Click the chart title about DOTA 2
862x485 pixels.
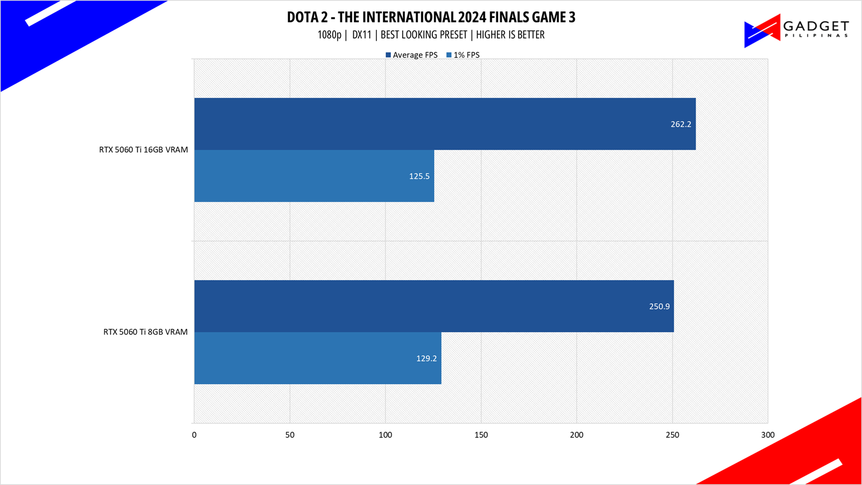pos(431,17)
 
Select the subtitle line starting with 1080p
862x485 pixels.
pos(431,35)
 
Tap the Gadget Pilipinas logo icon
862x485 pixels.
pos(762,31)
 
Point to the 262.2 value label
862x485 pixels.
pos(681,124)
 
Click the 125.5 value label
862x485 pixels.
pos(419,176)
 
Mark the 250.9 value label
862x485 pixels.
pos(660,307)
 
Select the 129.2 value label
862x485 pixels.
pos(426,358)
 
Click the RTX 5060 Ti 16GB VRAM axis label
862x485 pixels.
pos(143,150)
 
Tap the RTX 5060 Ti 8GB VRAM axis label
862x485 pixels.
pos(145,332)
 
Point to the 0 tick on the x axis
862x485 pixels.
pos(194,435)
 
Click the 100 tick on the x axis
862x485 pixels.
pos(385,435)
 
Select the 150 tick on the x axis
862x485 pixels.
pos(481,435)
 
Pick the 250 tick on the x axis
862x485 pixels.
pos(672,435)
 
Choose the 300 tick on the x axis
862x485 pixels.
pos(768,435)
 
